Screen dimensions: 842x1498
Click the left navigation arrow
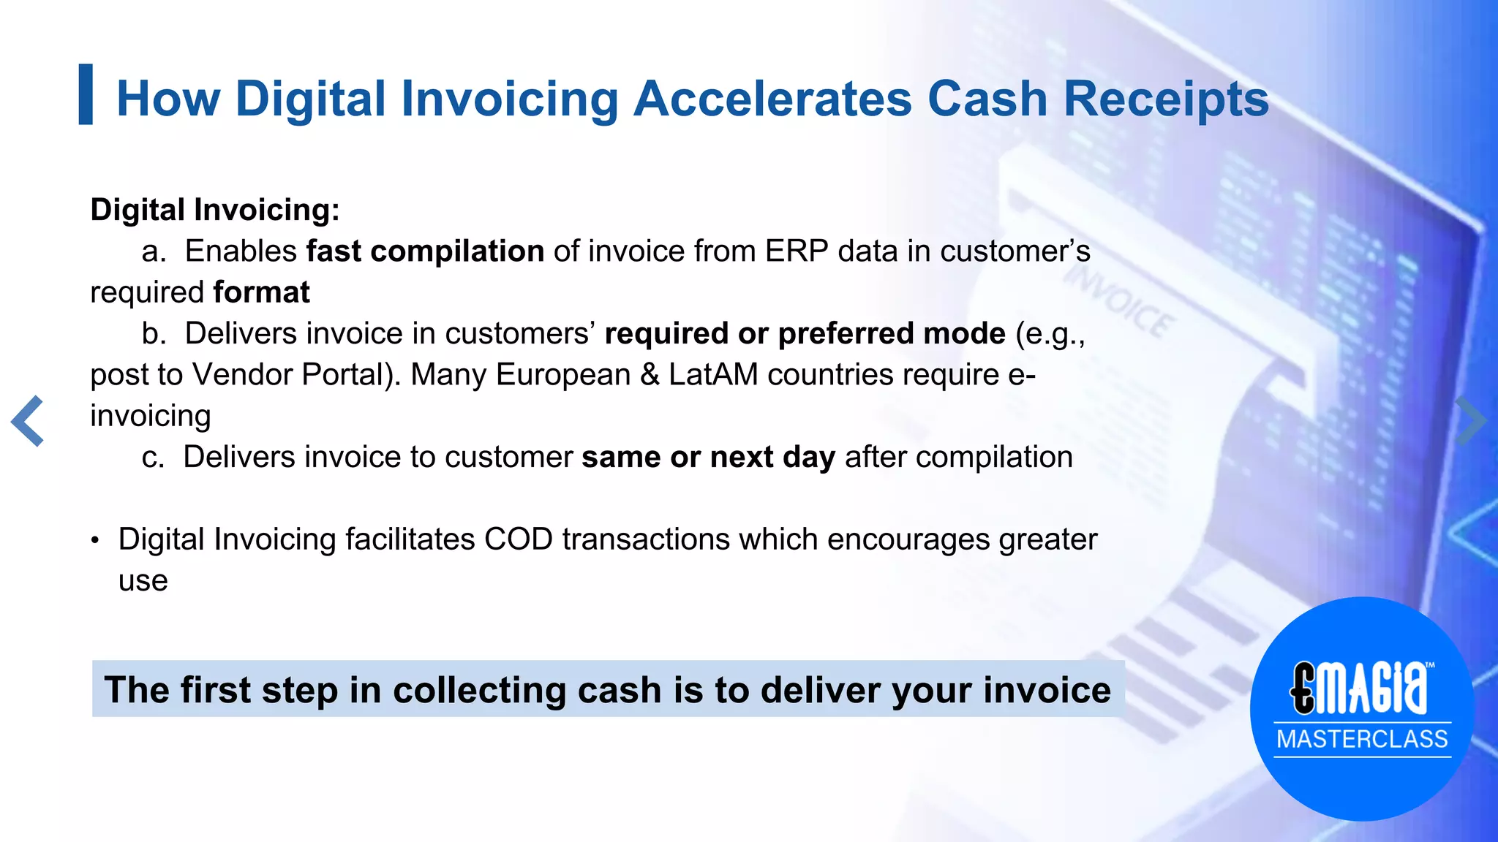pos(28,421)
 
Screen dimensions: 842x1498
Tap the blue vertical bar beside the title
pos(86,94)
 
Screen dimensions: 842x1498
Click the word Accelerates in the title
pos(772,99)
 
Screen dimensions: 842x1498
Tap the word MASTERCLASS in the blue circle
pos(1362,739)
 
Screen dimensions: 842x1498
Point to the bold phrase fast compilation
pos(425,251)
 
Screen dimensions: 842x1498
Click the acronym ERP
pos(797,251)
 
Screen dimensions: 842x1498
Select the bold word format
pos(261,292)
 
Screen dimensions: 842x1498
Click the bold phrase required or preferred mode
pos(805,333)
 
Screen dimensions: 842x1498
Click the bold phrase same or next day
pos(708,457)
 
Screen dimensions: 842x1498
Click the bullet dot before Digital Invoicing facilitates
pos(94,541)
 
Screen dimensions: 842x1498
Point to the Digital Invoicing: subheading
pos(215,210)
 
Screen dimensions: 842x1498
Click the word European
pos(562,374)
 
